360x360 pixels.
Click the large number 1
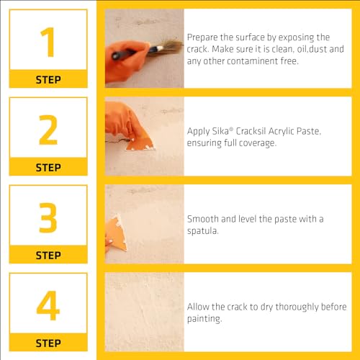(48, 42)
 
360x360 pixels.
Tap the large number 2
(48, 130)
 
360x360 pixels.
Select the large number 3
(48, 217)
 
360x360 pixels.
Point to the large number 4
(48, 305)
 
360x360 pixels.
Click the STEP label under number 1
(48, 80)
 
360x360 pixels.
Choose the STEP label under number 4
(48, 343)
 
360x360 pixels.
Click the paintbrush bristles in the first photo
(167, 46)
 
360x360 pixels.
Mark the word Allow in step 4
(199, 307)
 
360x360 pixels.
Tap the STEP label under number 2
(48, 167)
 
